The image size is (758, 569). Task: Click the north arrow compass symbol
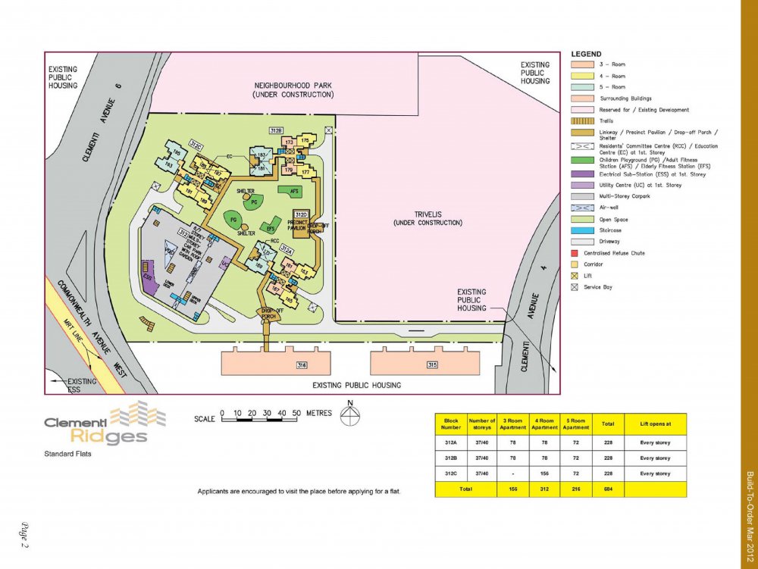click(349, 414)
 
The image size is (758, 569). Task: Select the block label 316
click(302, 366)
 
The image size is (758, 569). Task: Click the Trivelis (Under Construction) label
click(428, 218)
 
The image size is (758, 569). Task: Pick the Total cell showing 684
click(607, 489)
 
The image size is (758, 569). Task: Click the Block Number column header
click(451, 424)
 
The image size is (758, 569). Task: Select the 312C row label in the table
click(451, 474)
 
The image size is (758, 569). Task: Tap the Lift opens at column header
click(655, 424)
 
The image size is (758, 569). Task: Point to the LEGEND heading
click(586, 55)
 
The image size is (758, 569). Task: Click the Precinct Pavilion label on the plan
click(302, 220)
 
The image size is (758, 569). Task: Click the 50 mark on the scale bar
click(296, 414)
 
